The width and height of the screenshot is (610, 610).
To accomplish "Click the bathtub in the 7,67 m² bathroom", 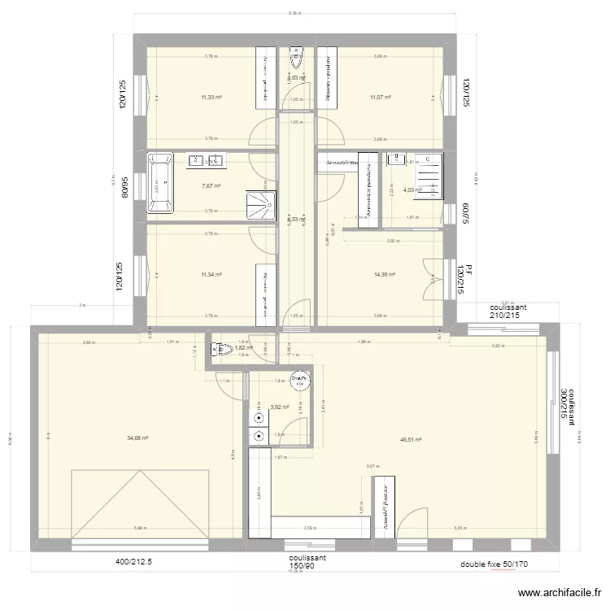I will [x=160, y=183].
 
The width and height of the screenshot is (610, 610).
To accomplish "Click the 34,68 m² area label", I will [x=137, y=438].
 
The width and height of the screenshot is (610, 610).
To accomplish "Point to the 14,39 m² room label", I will [x=384, y=275].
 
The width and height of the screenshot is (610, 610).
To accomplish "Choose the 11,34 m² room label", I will [x=211, y=275].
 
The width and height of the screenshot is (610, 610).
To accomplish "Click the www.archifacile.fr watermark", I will [x=560, y=595].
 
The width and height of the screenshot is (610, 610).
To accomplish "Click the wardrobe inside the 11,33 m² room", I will [x=265, y=77].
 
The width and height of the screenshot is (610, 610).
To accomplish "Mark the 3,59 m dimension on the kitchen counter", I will [x=309, y=528].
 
